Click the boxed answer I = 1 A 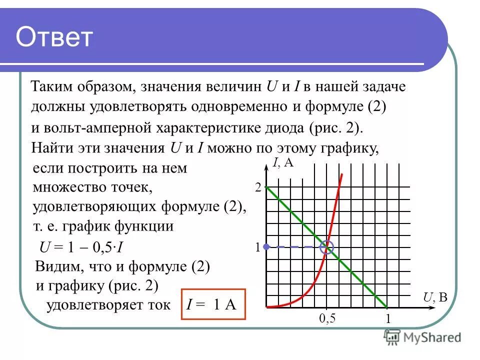[213, 304]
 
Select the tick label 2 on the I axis [258, 188]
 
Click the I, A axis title [283, 162]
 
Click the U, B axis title [435, 298]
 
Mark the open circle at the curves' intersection [327, 246]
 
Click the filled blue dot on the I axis [266, 246]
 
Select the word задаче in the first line [385, 86]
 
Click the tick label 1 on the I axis [258, 247]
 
